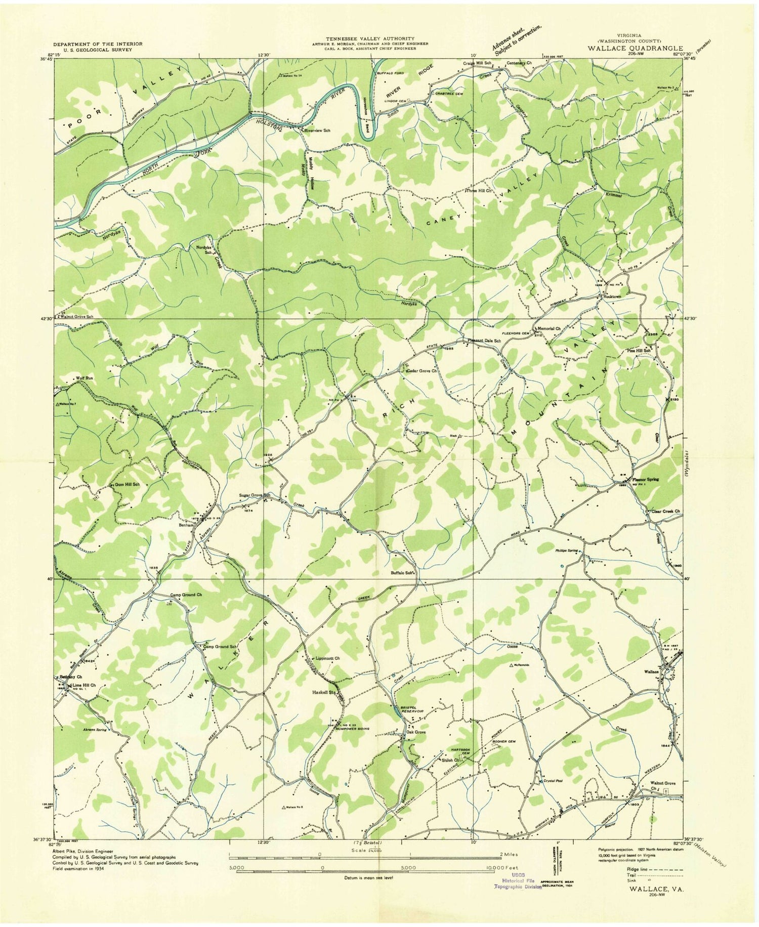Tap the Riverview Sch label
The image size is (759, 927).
(317, 131)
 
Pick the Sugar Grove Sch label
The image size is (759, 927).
(256, 495)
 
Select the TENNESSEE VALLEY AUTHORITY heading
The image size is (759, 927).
(370, 38)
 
